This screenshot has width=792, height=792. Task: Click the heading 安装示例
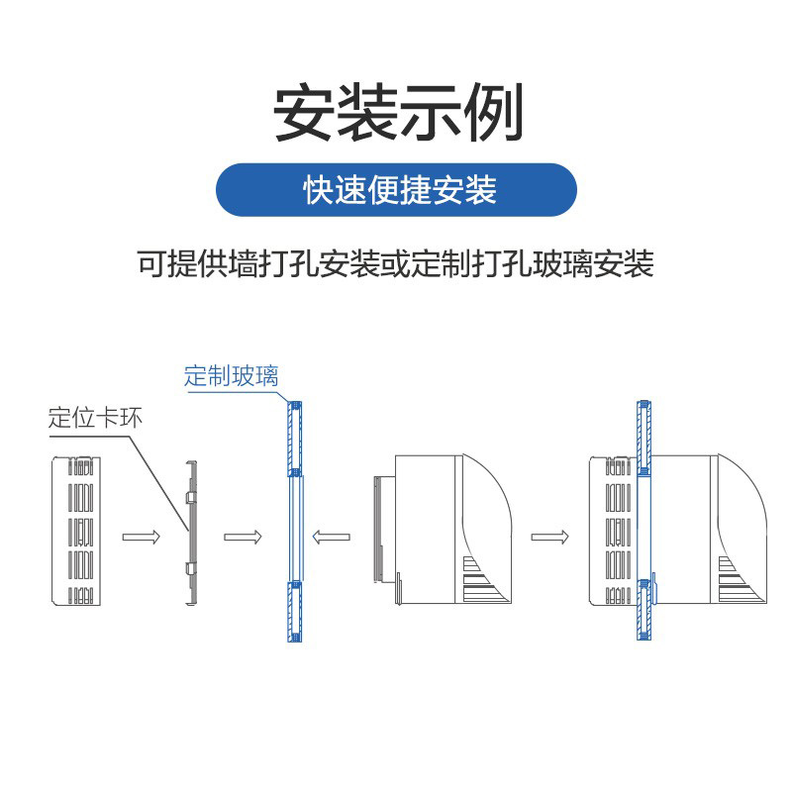(398, 112)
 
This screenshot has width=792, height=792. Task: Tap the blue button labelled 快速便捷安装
(397, 190)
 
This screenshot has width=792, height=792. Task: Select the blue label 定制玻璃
(232, 376)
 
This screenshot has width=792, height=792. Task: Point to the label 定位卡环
(95, 419)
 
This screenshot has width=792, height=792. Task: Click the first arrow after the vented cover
(141, 537)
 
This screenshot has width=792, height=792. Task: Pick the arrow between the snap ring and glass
(243, 537)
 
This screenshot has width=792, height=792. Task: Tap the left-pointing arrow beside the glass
(332, 537)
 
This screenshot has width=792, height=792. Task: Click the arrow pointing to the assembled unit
(549, 537)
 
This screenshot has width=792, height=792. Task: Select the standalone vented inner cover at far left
(76, 531)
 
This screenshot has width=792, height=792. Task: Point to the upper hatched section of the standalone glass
(294, 439)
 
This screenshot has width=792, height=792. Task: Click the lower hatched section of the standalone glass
(294, 612)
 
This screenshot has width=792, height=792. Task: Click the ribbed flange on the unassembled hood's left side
(378, 529)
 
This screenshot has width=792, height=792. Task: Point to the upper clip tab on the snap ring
(190, 498)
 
